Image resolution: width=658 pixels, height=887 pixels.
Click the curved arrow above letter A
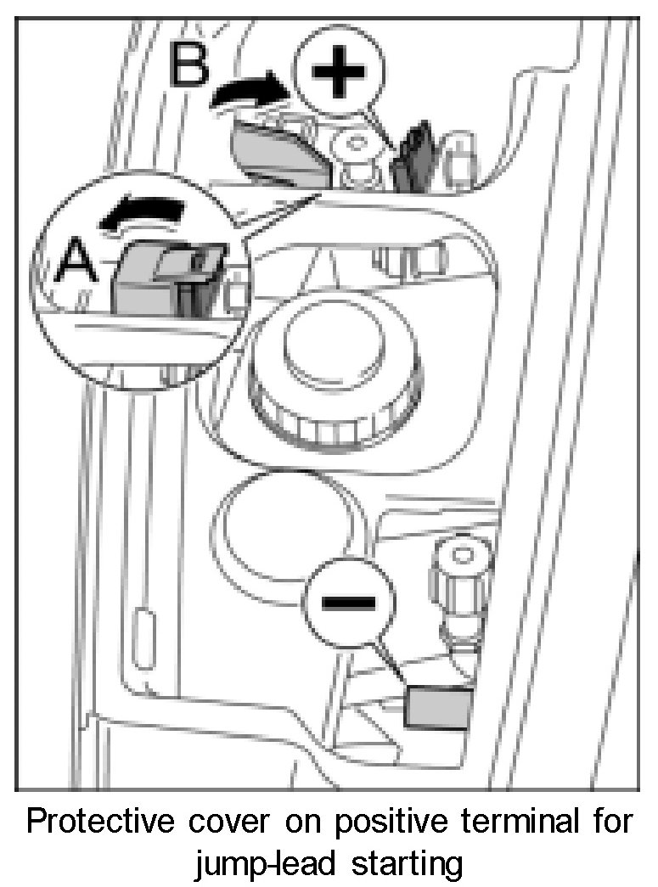[x=142, y=212]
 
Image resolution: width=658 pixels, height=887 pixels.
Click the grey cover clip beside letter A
[x=166, y=276]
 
